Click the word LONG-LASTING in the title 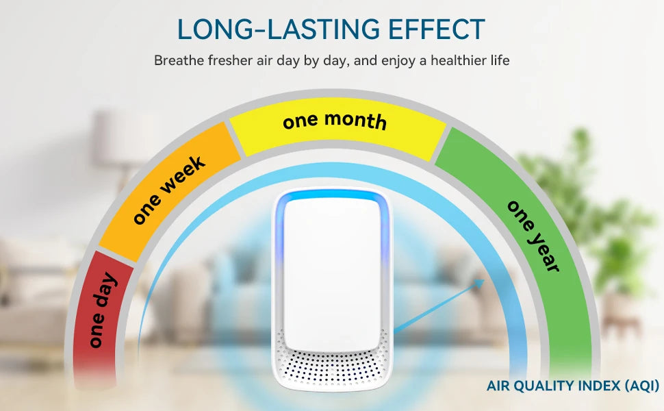279,29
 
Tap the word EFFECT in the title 437,29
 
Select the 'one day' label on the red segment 102,310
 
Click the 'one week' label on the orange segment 168,190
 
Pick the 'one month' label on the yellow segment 335,121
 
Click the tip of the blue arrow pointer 485,279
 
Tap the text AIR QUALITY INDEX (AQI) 572,386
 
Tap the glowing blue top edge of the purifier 332,196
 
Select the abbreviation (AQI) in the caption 642,386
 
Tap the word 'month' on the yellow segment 356,121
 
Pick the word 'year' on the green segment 544,251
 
